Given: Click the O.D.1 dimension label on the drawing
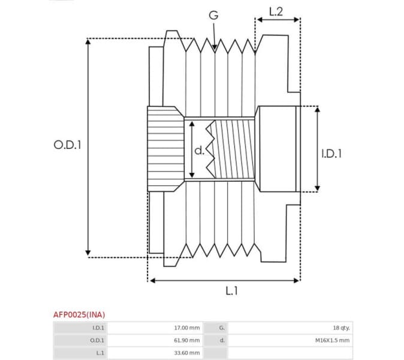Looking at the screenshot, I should pos(67,145).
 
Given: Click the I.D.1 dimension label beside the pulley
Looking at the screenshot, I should pos(331,154).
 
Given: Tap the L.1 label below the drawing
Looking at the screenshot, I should pos(232,291).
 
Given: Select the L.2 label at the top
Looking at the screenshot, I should pos(276,10).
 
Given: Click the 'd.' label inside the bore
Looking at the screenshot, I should pos(200,150).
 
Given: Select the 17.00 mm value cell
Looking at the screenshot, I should pos(186,328).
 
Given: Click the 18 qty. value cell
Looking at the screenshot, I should pos(342,328).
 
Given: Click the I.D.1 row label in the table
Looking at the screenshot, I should pos(98,328).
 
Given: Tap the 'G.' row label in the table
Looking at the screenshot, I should pos(222,328).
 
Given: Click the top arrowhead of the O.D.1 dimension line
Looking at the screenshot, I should pos(88,42).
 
